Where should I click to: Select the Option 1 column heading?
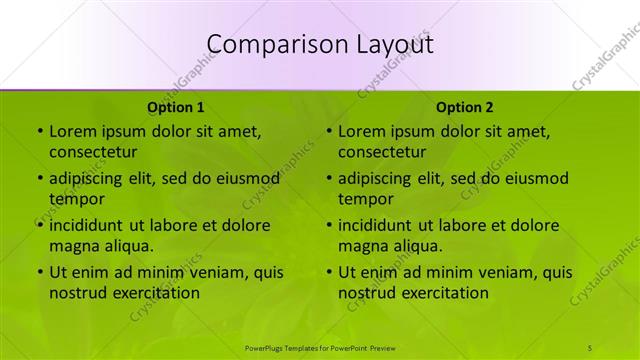click(x=176, y=107)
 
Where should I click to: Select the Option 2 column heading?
click(x=465, y=107)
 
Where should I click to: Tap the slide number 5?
click(x=590, y=347)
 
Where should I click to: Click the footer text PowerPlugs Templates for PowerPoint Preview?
click(x=320, y=347)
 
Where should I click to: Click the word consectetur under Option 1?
click(x=93, y=152)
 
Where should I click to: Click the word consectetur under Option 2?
click(x=382, y=152)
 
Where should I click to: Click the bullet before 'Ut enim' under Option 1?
click(x=39, y=272)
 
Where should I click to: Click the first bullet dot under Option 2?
click(x=328, y=131)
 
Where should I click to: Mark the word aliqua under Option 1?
click(x=129, y=245)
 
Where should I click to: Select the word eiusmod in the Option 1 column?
click(x=245, y=179)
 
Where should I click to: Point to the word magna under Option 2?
click(x=363, y=245)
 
